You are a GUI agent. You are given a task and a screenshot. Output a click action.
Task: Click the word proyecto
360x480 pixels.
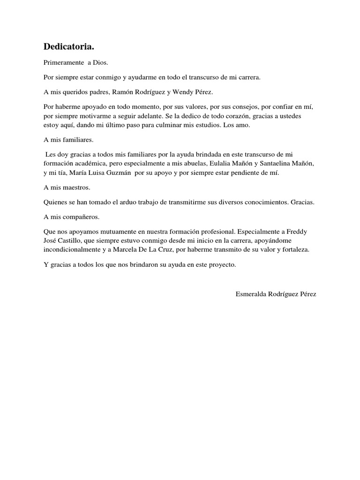pyautogui.click(x=221, y=265)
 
